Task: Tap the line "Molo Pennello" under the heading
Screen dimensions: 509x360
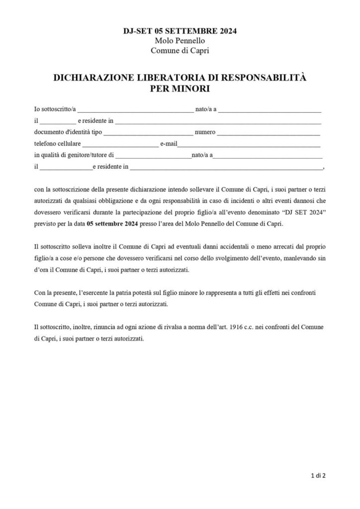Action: pos(180,40)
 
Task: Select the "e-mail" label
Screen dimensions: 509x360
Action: pos(169,144)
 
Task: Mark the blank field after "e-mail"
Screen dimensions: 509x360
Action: pos(249,144)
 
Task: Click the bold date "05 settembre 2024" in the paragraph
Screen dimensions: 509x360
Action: pos(111,224)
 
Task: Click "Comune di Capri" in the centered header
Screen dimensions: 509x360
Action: pos(180,50)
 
